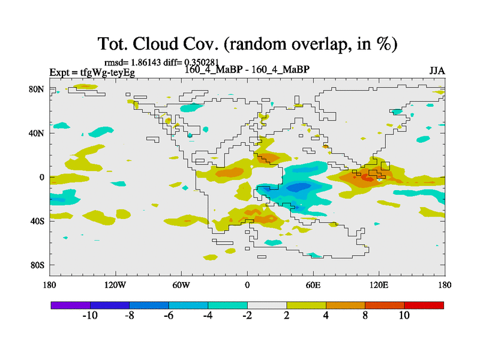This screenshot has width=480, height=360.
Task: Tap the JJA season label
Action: click(437, 71)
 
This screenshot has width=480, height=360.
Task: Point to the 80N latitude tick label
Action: click(37, 89)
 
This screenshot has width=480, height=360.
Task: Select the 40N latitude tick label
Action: click(37, 133)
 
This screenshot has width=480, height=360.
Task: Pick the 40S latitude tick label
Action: click(37, 221)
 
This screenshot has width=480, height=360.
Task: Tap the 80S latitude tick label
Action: click(37, 265)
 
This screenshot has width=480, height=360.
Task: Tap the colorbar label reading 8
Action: click(365, 316)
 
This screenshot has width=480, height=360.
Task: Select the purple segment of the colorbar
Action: click(70, 305)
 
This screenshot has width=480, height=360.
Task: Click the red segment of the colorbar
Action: click(424, 305)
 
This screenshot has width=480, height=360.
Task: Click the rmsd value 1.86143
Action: click(145, 62)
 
